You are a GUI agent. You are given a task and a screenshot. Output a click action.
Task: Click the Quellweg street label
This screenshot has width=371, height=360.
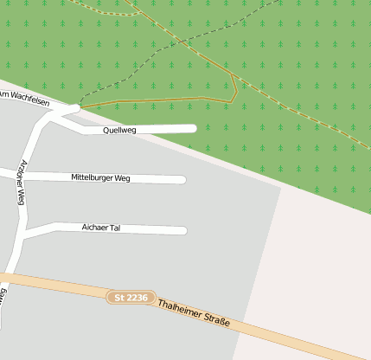[x=119, y=130]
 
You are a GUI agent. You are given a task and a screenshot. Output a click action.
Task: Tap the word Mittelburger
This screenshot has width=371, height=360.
[x=93, y=178]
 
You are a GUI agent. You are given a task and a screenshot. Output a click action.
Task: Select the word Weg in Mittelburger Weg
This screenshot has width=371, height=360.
[x=122, y=178]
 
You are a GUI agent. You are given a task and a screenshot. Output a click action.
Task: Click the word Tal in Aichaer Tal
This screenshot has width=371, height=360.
[x=115, y=228]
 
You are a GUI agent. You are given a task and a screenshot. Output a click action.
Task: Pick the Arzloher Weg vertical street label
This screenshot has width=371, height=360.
[x=22, y=181]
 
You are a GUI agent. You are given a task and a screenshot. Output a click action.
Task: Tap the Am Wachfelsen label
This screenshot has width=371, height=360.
[x=23, y=98]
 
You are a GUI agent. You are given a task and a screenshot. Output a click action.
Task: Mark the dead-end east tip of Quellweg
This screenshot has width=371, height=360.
[x=193, y=129]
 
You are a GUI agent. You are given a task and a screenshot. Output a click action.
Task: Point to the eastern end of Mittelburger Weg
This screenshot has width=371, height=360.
[x=182, y=180]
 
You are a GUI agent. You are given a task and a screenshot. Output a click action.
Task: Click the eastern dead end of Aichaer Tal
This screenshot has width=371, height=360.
[x=183, y=230]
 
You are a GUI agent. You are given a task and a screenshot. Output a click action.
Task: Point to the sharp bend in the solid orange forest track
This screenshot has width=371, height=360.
[x=234, y=77]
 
